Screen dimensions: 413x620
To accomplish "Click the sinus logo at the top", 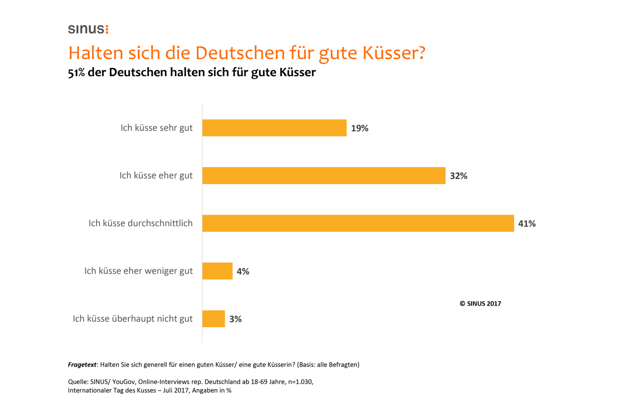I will coord(88,29).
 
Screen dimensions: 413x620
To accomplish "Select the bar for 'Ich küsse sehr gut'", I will coord(274,128).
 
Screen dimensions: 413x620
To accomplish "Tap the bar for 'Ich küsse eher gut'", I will coord(324,176).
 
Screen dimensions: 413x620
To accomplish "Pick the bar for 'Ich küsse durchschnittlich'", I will coord(358,223).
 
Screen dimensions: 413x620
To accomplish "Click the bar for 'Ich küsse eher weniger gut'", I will coord(217,271).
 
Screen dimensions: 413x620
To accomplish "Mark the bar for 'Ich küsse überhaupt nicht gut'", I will coord(214,319).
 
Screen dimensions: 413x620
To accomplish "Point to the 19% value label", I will coord(360,128).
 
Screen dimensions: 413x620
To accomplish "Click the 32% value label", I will coord(458,176).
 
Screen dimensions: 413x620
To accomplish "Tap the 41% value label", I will coord(527,224).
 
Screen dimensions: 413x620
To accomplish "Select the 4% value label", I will coord(243,272).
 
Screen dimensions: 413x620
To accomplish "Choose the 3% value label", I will coord(236,319).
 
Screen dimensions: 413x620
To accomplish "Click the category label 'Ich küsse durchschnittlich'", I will coord(141,223).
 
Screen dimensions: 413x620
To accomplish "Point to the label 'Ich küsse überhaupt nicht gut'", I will coord(133,319).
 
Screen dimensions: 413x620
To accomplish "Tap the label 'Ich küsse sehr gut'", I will coord(156,128).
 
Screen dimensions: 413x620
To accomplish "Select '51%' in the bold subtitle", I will coord(76,73).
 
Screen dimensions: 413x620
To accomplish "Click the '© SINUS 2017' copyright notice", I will coord(480,304).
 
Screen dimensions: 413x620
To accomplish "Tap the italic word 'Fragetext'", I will coord(82,365).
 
